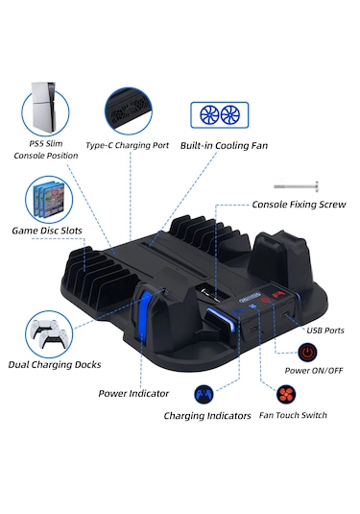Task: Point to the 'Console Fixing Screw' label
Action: pyautogui.click(x=298, y=205)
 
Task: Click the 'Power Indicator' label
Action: pyautogui.click(x=133, y=392)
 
